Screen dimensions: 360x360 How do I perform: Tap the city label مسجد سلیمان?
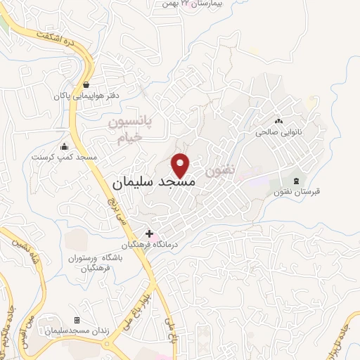click(x=153, y=182)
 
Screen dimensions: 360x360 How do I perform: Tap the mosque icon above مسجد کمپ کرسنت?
click(x=65, y=147)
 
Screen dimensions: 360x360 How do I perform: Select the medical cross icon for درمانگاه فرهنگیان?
click(x=148, y=233)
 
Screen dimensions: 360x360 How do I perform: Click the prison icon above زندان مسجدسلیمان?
click(x=77, y=320)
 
